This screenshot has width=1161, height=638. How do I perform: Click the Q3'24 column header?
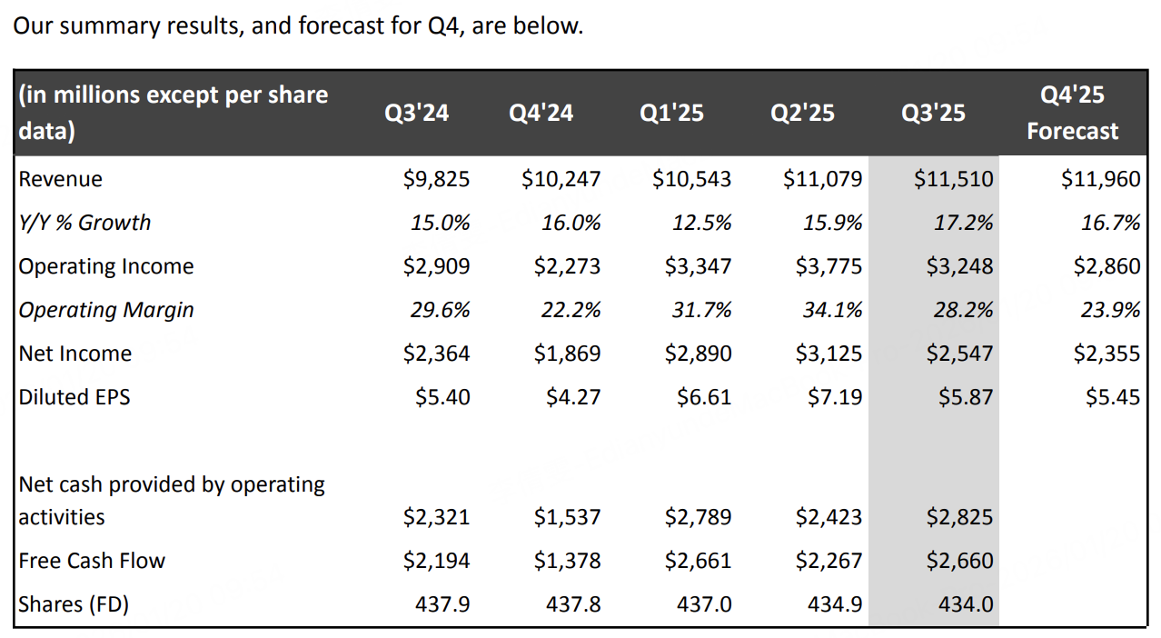point(417,113)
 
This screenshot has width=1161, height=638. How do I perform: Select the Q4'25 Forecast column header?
point(1072,113)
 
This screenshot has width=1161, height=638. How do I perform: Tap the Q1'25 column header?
point(671,113)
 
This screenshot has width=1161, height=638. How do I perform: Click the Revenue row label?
point(61,179)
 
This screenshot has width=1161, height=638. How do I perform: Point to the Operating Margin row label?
point(106,310)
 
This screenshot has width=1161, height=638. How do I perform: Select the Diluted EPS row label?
point(74,397)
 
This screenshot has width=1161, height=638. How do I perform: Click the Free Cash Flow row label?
point(92,561)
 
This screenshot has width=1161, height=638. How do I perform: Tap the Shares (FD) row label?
point(74,603)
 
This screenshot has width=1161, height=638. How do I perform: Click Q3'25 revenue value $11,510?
point(954,179)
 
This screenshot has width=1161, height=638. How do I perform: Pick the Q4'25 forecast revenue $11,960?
point(1100,179)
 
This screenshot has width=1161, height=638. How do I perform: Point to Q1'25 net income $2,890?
point(698,354)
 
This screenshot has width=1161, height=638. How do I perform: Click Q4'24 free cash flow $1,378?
point(567,561)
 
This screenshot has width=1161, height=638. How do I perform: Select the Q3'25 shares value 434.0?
point(966,603)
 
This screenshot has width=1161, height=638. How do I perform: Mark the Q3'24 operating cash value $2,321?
point(436,517)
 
